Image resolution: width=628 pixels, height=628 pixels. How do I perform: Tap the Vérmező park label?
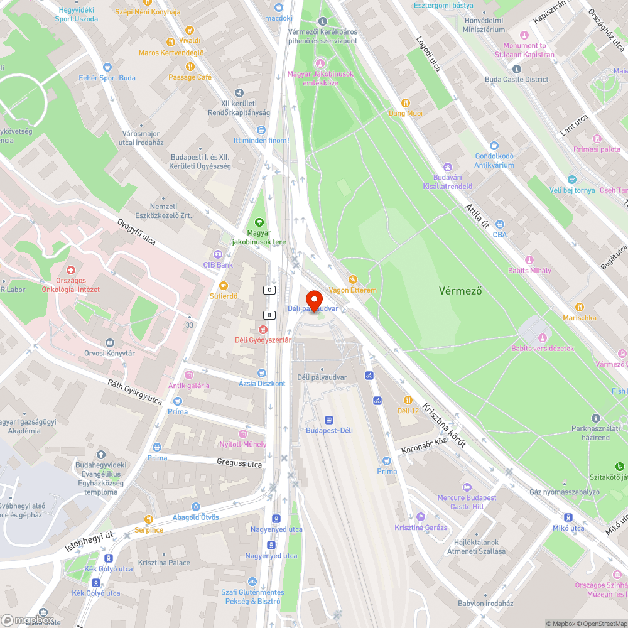460,291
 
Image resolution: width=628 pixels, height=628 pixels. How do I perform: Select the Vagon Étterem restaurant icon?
352,279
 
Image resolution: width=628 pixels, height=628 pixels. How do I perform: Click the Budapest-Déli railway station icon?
328,420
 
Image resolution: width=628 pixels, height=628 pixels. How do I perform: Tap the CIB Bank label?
218,265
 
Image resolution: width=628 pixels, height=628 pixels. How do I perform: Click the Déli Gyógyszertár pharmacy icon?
263,329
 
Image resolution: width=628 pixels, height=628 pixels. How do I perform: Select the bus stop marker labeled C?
270,290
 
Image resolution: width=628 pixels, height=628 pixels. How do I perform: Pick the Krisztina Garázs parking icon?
421,516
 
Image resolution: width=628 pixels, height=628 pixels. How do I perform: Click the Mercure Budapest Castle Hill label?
467,502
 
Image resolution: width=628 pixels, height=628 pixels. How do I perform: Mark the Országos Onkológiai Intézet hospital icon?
71,269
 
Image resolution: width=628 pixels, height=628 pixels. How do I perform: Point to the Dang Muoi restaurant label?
405,113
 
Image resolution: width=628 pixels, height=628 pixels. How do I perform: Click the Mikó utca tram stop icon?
568,517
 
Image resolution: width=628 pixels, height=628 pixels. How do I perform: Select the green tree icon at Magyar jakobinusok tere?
259,222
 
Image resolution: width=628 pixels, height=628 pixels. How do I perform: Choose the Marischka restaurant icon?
580,307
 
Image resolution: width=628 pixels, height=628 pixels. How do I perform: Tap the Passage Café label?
190,77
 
